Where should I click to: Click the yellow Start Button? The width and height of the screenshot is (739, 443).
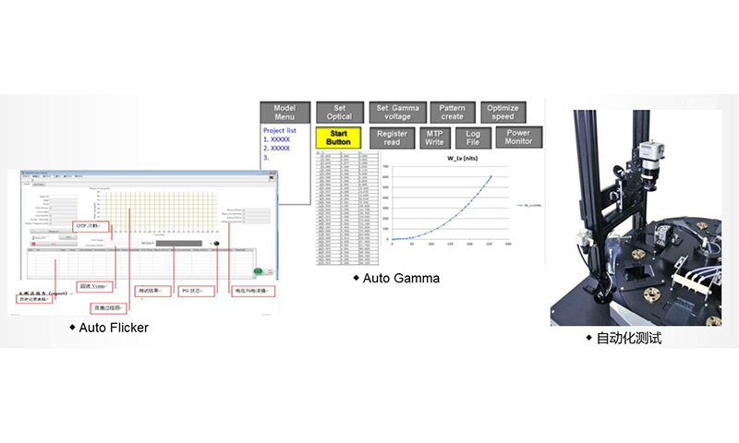click(338, 137)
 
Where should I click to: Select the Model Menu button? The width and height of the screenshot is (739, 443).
click(284, 113)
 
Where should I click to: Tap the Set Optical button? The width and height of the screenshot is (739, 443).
click(338, 113)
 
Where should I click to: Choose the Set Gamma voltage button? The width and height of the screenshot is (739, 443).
click(398, 113)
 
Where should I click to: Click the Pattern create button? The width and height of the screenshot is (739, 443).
click(453, 113)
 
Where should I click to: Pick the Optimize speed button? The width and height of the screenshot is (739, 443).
click(503, 113)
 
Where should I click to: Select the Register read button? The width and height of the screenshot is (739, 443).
click(392, 138)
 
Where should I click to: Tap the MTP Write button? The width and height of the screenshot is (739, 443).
click(434, 138)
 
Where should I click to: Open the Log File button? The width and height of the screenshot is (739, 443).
click(472, 138)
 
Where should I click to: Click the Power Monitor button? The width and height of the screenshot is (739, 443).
click(518, 138)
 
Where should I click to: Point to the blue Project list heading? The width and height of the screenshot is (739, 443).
click(283, 131)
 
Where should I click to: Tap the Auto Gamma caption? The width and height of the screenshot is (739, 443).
click(400, 278)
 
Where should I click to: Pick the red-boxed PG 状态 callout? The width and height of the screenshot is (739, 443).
click(197, 292)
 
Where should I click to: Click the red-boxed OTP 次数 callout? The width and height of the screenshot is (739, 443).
click(92, 225)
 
